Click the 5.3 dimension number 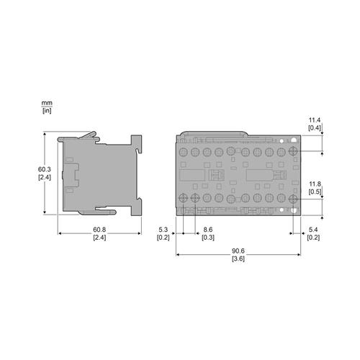[163, 230]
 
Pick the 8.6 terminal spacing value [207, 230]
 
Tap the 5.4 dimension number [314, 230]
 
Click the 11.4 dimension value [315, 120]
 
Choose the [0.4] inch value [315, 127]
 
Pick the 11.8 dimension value [315, 184]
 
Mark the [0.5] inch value [315, 192]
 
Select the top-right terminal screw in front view [294, 153]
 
